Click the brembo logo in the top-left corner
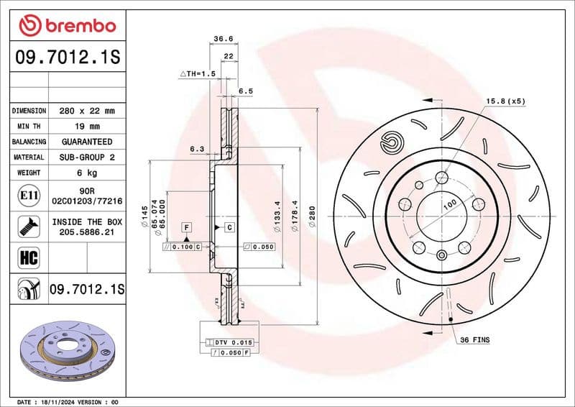67,27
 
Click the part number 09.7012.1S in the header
67,58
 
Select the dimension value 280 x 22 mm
86,111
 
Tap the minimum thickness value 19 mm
86,127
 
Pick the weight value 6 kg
86,173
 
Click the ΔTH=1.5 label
197,73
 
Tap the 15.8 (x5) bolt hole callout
506,101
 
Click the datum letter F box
186,227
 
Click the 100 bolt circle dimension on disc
449,204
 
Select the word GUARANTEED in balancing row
86,142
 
